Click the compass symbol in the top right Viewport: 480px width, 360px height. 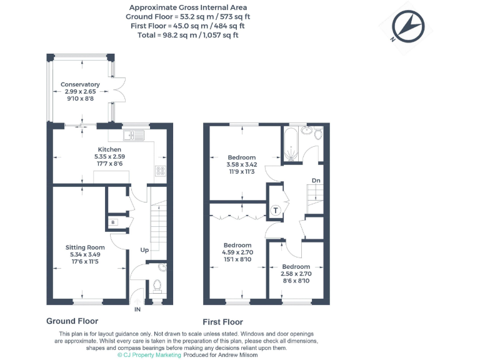(x=407, y=27)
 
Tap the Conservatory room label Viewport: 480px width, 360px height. (x=80, y=84)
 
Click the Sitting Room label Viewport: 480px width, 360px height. (x=85, y=247)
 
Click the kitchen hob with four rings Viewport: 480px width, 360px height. (x=160, y=171)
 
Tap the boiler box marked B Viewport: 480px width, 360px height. (x=113, y=222)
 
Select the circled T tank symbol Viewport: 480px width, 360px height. (x=275, y=211)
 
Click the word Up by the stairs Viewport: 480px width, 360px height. (x=144, y=250)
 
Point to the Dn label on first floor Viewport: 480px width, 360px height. (x=316, y=181)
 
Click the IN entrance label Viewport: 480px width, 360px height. (x=137, y=309)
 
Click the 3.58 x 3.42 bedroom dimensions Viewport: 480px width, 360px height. (x=241, y=165)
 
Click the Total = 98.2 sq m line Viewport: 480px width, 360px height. (x=187, y=35)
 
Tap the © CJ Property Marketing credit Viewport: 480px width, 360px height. (x=149, y=354)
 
